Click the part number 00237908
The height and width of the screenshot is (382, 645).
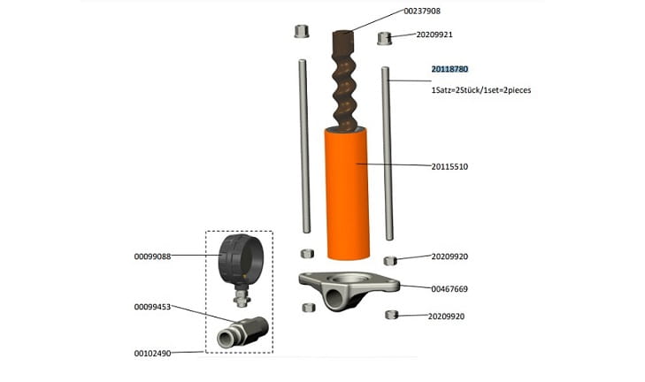tap(422, 11)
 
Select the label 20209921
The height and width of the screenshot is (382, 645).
tap(434, 34)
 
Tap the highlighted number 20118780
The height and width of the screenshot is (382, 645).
tap(449, 69)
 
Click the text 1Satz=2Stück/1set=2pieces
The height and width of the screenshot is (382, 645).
tap(480, 90)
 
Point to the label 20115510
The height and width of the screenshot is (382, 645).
tap(449, 166)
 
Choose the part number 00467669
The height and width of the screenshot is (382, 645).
tap(449, 289)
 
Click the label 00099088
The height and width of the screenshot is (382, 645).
tap(152, 256)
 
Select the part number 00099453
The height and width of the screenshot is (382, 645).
tap(152, 307)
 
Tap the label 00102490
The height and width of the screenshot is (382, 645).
tap(152, 353)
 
